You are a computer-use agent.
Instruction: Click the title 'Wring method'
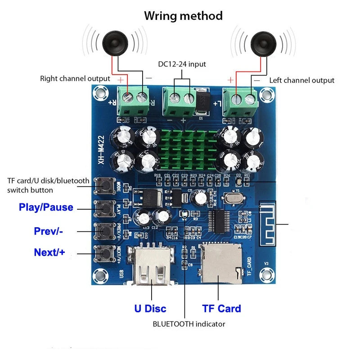point(183,16)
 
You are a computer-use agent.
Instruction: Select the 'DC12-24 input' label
point(182,64)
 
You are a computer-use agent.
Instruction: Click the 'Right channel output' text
point(75,78)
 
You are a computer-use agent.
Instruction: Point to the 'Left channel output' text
point(301,80)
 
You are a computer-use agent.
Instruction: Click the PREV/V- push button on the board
point(105,230)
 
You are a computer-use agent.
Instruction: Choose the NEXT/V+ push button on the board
point(105,253)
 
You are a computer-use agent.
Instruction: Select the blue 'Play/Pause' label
point(46,207)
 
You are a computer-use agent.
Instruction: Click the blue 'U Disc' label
point(150,309)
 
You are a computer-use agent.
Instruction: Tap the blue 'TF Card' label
point(221,309)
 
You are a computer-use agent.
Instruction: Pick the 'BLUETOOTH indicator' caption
point(189,324)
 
